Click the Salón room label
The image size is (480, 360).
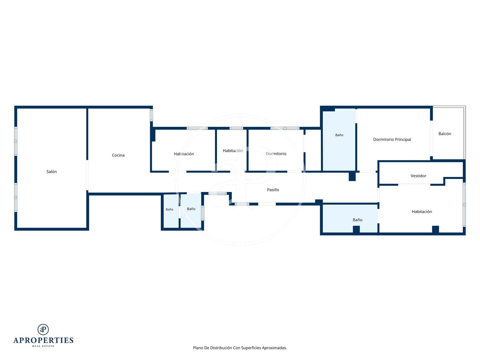pos(51,172)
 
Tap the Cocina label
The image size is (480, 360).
pos(118,155)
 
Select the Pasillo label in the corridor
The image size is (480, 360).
pos(273,190)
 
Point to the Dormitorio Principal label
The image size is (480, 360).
pos(392,140)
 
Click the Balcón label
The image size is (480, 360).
pos(445,134)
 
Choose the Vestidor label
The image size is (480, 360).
pos(418,176)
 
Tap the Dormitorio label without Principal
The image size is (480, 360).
pos(276,154)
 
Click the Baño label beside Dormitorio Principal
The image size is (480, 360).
pos(339,135)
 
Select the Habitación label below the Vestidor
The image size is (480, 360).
pos(422,212)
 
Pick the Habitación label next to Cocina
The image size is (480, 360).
pos(184,154)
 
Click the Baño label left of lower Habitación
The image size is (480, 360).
pos(357,220)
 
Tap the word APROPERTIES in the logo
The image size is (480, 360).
pos(43,340)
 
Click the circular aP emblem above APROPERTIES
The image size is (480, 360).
pos(43,329)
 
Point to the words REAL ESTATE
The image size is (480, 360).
pos(43,346)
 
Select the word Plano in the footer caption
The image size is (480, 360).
pos(198,348)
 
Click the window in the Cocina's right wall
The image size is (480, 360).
pos(151,115)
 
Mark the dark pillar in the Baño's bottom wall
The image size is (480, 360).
pos(356,229)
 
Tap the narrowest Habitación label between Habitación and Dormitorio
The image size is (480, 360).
pos(233,151)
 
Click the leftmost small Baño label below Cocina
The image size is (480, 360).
pos(169,209)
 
